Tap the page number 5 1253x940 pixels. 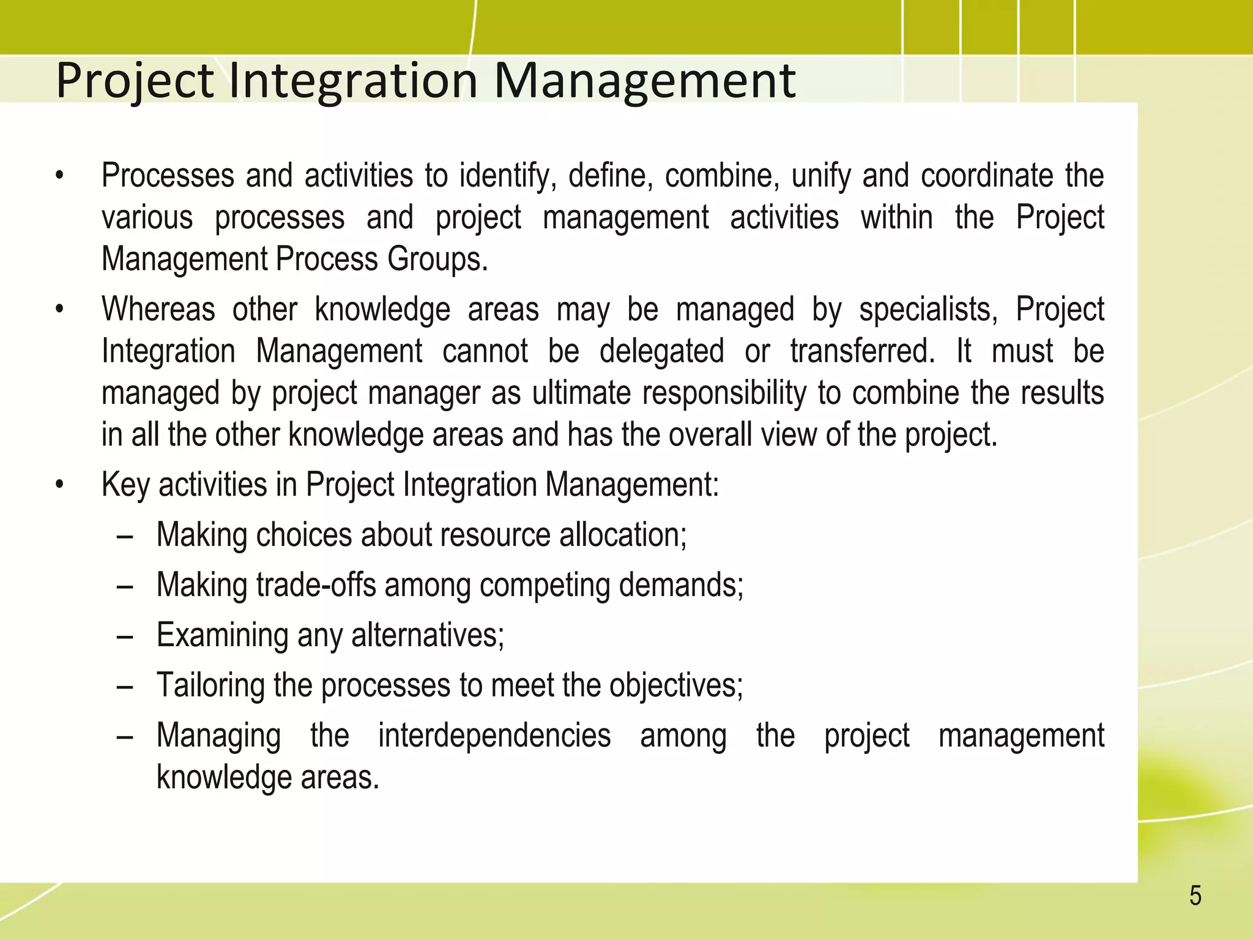coord(1195,896)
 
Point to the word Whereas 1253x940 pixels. coord(158,309)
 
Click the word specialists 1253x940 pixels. coord(928,309)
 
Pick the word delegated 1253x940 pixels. coord(661,351)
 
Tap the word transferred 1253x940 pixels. coord(862,351)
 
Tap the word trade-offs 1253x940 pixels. coord(316,585)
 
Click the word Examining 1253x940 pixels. coord(222,635)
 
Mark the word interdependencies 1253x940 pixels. coord(494,736)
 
